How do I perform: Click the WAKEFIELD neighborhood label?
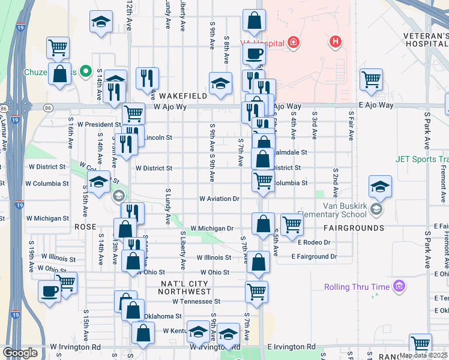click(182, 96)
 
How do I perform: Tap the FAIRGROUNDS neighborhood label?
click(354, 229)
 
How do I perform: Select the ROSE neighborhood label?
click(85, 227)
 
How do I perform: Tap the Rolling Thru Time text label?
click(357, 287)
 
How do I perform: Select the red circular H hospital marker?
click(335, 42)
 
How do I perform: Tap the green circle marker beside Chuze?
click(86, 73)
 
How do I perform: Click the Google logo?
click(20, 353)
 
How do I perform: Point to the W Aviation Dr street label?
click(220, 199)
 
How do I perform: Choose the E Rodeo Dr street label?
click(314, 242)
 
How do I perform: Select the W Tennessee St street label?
click(196, 301)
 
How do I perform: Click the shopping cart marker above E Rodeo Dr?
click(292, 223)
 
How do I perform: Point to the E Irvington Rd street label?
click(291, 347)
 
